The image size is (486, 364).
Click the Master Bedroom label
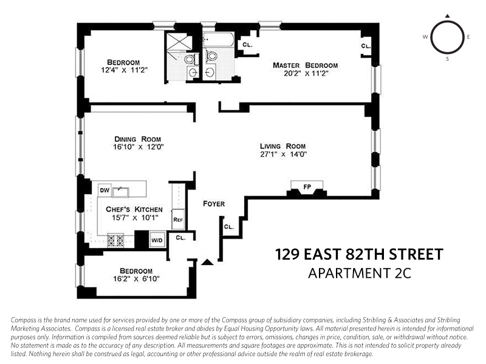(x=305, y=66)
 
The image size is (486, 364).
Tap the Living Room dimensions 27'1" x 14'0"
(x=282, y=155)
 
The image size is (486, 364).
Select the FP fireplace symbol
(x=307, y=187)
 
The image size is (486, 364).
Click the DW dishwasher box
(x=104, y=190)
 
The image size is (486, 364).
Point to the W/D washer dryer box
(x=157, y=240)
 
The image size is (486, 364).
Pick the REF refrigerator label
(x=178, y=220)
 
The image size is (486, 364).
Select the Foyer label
(x=214, y=204)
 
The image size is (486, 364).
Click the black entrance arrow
(x=208, y=262)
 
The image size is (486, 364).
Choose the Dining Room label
(x=135, y=138)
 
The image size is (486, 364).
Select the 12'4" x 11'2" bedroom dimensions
(x=124, y=71)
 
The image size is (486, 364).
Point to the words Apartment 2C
(x=359, y=272)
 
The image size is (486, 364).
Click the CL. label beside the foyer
(x=229, y=227)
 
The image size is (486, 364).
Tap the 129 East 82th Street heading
(x=359, y=253)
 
